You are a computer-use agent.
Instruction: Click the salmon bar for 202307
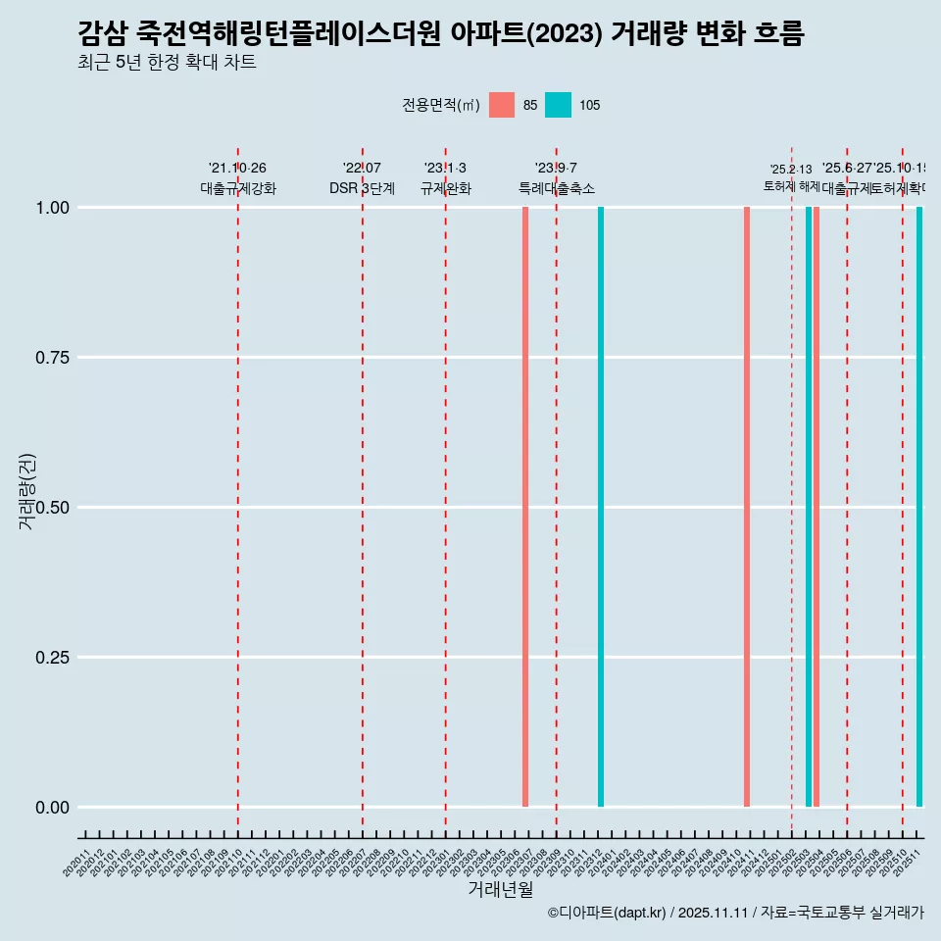525,507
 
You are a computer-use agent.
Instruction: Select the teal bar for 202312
601,507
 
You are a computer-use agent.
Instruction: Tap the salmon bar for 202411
747,507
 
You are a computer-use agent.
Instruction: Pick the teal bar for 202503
809,507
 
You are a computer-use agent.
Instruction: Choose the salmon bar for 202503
817,507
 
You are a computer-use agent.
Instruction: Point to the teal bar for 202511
919,507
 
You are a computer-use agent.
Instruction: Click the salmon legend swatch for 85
502,105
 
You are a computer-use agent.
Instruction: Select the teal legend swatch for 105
558,105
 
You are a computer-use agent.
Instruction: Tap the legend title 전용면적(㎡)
441,105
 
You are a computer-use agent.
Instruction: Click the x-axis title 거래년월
500,890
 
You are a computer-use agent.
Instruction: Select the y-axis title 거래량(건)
27,491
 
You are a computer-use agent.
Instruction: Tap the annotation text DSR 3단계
362,188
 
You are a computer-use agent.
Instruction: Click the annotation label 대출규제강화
238,188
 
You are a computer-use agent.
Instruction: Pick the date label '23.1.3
445,168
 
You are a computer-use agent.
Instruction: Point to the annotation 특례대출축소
557,188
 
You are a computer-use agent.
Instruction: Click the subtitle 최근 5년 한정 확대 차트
167,63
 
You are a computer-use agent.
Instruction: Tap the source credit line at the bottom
735,913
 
